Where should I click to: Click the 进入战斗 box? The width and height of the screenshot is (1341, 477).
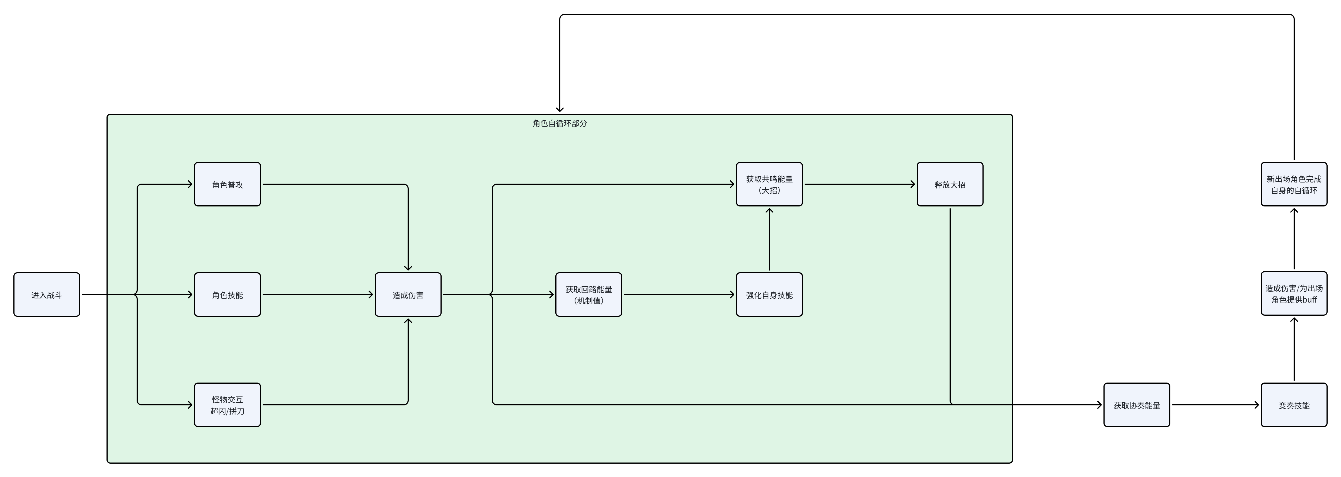pyautogui.click(x=47, y=295)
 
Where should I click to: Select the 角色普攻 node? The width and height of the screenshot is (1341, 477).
pyautogui.click(x=227, y=184)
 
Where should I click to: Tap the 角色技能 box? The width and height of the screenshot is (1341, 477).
pyautogui.click(x=227, y=295)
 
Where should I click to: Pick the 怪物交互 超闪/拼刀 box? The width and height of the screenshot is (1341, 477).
pyautogui.click(x=227, y=405)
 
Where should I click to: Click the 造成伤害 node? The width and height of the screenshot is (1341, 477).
pyautogui.click(x=408, y=295)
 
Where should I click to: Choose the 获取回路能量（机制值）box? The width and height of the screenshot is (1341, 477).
pyautogui.click(x=589, y=295)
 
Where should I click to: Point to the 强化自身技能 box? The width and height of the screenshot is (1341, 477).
pyautogui.click(x=769, y=295)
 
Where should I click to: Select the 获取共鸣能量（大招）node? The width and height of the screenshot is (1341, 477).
pyautogui.click(x=769, y=184)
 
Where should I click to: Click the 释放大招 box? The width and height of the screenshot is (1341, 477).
pyautogui.click(x=950, y=184)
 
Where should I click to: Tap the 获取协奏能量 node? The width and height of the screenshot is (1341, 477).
pyautogui.click(x=1137, y=405)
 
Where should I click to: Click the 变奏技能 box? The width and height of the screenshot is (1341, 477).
pyautogui.click(x=1294, y=405)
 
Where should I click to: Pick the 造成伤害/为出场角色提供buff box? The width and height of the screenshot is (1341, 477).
pyautogui.click(x=1294, y=293)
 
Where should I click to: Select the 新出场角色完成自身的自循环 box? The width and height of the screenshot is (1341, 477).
pyautogui.click(x=1294, y=184)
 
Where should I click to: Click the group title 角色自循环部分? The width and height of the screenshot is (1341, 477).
pyautogui.click(x=560, y=123)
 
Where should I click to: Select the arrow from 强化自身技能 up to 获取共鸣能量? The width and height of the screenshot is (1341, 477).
pyautogui.click(x=769, y=239)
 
